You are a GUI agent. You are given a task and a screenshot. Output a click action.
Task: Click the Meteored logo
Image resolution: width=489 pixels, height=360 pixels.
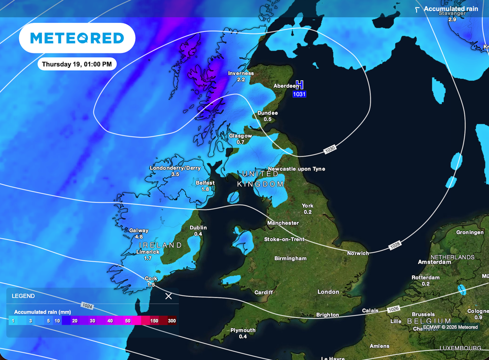click(77, 38)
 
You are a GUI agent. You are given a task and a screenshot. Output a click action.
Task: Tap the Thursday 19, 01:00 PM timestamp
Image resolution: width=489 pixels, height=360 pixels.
click(76, 64)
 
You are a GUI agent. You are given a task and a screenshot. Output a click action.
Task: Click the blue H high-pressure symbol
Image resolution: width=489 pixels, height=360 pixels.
click(299, 85)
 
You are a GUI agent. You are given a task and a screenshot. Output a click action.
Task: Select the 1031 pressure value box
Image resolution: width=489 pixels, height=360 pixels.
click(299, 95)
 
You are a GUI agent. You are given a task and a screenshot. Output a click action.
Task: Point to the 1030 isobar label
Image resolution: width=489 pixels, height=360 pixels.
click(330, 149)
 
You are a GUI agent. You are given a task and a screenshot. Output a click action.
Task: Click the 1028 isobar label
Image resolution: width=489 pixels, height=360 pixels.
click(395, 244)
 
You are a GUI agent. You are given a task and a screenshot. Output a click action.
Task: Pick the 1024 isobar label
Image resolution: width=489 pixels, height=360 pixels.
click(86, 305)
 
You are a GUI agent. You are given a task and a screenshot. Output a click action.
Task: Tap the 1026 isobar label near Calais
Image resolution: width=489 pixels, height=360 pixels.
click(393, 309)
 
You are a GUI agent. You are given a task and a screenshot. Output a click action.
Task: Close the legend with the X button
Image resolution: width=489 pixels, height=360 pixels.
click(169, 296)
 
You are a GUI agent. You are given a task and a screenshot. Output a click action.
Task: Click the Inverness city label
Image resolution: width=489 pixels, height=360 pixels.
click(241, 74)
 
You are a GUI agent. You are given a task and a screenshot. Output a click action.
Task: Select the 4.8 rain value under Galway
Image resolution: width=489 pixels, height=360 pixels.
click(139, 236)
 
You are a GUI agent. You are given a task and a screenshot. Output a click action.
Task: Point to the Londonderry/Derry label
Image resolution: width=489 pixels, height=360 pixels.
click(175, 168)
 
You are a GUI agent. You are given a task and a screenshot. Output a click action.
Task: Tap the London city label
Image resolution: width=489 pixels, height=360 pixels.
click(328, 292)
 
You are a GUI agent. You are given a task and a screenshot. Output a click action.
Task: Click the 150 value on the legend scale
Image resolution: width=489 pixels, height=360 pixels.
click(154, 321)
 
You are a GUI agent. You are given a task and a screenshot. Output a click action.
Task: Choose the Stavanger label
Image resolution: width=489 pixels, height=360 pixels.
click(451, 13)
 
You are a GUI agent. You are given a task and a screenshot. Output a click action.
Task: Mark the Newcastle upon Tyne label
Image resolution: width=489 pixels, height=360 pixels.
click(296, 169)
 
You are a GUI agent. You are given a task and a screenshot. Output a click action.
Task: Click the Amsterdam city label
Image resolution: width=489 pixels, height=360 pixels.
click(434, 262)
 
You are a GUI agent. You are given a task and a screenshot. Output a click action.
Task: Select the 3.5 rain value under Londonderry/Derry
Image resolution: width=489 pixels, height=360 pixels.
click(175, 174)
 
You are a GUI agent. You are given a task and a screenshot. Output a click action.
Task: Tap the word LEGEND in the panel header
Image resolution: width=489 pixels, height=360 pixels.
click(23, 296)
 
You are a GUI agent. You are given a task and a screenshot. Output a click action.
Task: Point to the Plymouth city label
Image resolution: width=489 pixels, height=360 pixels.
click(243, 330)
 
